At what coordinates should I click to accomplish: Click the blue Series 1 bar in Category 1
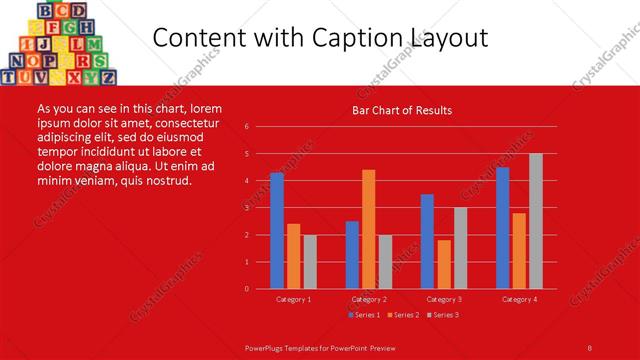(x=277, y=231)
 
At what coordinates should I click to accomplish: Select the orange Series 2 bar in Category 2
(x=369, y=229)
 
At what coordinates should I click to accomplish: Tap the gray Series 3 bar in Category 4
(x=536, y=221)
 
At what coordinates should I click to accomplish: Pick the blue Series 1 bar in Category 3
(x=427, y=241)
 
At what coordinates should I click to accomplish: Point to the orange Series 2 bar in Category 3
(x=444, y=264)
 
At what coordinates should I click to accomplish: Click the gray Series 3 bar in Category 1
(x=310, y=261)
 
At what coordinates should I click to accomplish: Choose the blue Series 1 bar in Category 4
(x=502, y=228)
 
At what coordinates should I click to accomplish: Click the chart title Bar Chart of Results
(x=402, y=110)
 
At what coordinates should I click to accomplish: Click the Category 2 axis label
(x=369, y=299)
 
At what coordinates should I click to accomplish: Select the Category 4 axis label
(x=519, y=299)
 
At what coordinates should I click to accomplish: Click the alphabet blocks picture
(x=59, y=43)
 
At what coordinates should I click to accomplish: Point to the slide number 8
(x=590, y=347)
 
